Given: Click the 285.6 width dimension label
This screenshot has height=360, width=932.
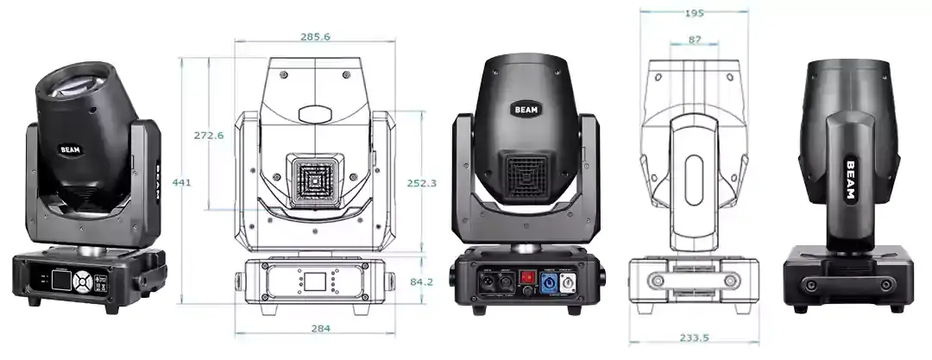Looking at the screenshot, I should tap(315, 36).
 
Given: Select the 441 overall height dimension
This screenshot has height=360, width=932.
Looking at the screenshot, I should tap(181, 182).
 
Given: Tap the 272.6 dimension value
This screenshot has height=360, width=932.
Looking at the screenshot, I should tap(209, 136).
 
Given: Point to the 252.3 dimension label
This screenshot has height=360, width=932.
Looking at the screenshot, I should tap(422, 183).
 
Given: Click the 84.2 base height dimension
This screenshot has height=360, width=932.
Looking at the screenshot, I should tap(422, 281).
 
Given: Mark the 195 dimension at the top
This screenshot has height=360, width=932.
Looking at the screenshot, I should tap(693, 13).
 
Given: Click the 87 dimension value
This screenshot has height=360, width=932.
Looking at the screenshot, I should tap(694, 40).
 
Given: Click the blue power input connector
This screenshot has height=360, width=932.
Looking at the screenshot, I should tap(549, 281).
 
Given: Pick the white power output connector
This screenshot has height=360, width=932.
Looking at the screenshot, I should tap(570, 282).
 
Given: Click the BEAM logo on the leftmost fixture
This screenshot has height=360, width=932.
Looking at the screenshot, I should tap(70, 149).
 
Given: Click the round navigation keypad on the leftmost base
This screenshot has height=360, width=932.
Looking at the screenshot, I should tap(82, 281).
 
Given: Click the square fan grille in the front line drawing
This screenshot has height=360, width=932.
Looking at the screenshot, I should tap(315, 182).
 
